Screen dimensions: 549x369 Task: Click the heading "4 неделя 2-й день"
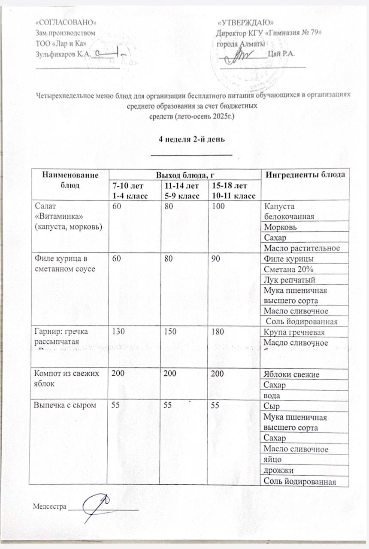tap(192, 140)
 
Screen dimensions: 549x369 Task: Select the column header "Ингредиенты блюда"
tap(305, 175)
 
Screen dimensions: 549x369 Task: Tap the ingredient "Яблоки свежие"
tap(292, 374)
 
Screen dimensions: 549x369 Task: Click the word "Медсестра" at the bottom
tap(50, 507)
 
